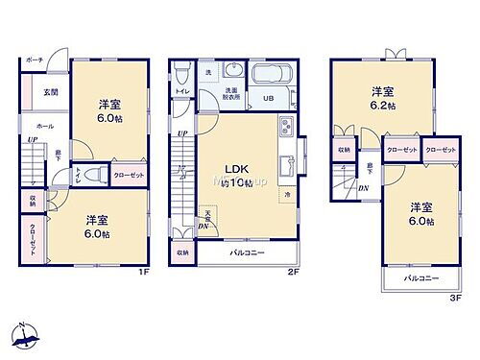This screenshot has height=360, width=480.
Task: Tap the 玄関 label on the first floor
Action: coord(50,93)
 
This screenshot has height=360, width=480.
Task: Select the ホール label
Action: coord(44,126)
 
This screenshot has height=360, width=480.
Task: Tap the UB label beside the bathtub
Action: coord(270,98)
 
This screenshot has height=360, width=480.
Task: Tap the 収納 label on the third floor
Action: coord(344,150)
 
